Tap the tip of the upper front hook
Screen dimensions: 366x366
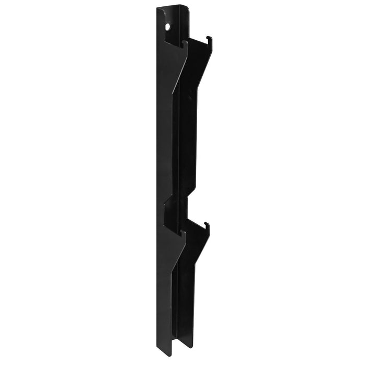tap(185, 42)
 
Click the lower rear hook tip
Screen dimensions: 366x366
tap(208, 225)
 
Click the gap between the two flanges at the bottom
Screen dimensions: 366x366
tap(177, 342)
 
